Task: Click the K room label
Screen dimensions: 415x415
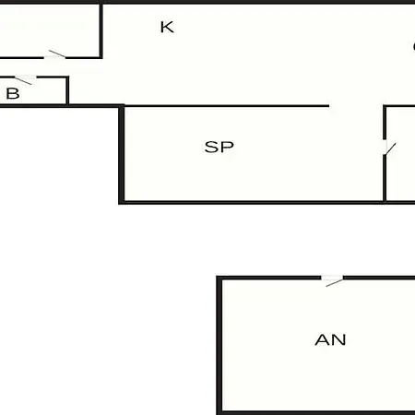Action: pos(167,27)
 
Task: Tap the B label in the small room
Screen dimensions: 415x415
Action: pos(13,93)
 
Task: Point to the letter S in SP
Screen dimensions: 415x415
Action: pos(211,147)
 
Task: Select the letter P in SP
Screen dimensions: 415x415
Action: pos(227,147)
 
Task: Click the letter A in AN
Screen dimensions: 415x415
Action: pos(322,339)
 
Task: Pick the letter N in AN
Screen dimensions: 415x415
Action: pos(338,339)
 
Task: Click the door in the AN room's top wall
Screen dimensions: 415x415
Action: pos(333,280)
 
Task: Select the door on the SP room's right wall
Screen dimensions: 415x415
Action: pos(388,148)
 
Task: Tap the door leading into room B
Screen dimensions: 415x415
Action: pos(25,79)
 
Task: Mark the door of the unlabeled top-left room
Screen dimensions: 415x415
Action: pos(55,55)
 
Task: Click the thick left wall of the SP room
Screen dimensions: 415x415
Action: pos(122,155)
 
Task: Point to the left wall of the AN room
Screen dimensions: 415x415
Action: pos(219,346)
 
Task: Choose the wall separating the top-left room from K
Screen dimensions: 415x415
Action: pos(101,30)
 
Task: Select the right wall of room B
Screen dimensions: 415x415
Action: pos(67,91)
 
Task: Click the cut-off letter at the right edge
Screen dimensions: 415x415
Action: pos(414,47)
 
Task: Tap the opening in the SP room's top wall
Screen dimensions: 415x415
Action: pos(356,106)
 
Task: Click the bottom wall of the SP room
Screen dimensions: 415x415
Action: pos(267,203)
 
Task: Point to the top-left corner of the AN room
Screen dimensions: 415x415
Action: pos(219,279)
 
